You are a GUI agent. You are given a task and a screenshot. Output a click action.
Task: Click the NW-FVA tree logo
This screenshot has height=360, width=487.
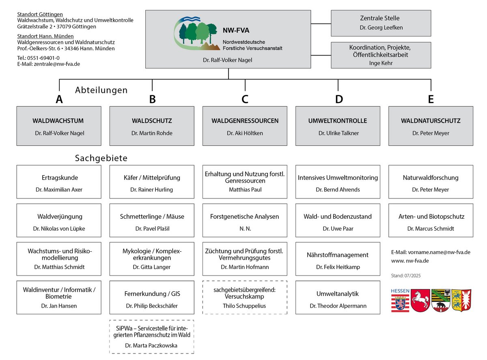197,33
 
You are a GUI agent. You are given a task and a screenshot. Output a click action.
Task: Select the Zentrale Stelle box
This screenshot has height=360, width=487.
381,23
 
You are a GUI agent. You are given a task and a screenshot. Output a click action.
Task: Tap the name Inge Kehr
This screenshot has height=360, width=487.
381,63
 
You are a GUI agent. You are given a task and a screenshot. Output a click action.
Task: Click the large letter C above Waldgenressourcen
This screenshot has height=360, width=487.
245,99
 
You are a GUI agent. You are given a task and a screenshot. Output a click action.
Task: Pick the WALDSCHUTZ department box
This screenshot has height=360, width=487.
152,126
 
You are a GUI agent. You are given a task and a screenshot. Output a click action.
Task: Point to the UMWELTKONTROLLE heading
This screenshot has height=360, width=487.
337,121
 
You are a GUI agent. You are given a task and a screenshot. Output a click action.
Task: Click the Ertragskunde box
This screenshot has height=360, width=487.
59,182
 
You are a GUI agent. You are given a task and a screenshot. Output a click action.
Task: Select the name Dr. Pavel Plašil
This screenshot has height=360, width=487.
152,229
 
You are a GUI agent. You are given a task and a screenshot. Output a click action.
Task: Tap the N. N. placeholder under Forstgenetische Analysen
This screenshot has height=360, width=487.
245,229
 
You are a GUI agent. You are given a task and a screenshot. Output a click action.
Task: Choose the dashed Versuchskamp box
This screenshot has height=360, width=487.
245,297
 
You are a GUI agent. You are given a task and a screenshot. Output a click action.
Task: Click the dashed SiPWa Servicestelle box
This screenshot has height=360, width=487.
151,336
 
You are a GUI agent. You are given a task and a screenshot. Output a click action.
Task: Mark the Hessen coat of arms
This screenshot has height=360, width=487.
400,300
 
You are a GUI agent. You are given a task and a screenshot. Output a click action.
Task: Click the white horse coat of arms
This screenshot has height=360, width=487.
420,300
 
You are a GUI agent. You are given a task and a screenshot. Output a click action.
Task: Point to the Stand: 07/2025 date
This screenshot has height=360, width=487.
405,276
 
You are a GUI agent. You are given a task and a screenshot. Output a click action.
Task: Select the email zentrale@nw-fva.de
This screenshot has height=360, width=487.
57,64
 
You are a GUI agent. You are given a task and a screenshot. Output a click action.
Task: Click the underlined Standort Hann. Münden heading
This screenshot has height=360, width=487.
45,36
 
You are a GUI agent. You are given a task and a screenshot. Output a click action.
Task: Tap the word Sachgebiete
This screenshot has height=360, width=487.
101,158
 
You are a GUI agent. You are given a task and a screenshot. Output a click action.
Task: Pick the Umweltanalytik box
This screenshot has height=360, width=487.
338,297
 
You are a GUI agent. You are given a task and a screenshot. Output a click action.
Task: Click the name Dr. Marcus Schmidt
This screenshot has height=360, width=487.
430,229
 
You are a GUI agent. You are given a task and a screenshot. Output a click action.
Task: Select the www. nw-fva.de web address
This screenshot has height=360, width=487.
410,261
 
